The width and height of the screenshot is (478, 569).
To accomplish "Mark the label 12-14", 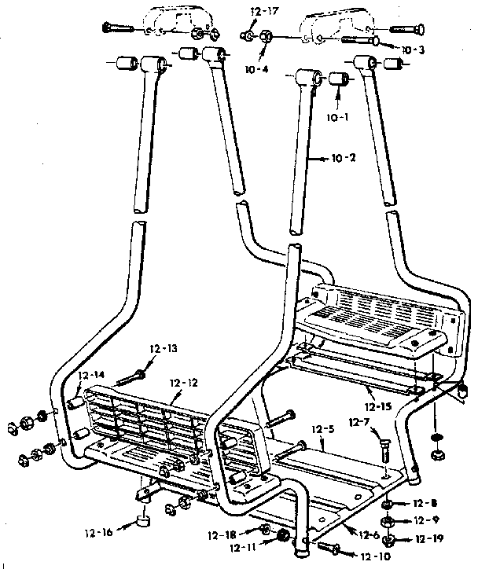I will coord(91,376).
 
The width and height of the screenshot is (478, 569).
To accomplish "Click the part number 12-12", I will coord(186,383).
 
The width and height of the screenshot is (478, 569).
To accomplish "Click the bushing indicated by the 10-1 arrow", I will coord(339,79).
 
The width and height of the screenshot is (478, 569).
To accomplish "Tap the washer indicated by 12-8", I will coord(388,504).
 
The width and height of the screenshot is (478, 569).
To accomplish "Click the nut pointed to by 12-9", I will coord(388,520).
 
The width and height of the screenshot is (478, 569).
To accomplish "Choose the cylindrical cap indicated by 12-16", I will coord(142,521).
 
